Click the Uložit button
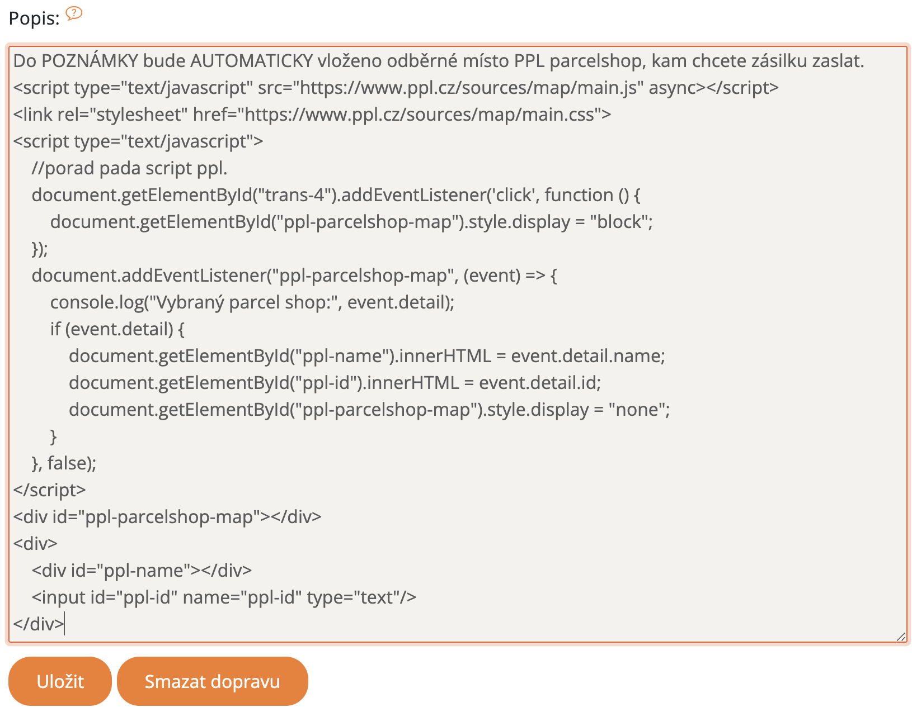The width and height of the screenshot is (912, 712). tap(60, 681)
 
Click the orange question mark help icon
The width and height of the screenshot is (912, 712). tap(74, 13)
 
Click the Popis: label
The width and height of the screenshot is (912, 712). tap(34, 18)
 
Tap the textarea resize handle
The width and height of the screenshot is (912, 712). tap(901, 637)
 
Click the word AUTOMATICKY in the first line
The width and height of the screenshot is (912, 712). tap(251, 61)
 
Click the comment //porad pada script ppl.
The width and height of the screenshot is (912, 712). tap(129, 168)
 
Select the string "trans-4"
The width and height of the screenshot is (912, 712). tap(295, 195)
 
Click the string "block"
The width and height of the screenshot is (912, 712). tap(619, 222)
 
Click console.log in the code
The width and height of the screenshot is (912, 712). tap(97, 302)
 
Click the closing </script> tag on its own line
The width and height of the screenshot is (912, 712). tap(50, 490)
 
